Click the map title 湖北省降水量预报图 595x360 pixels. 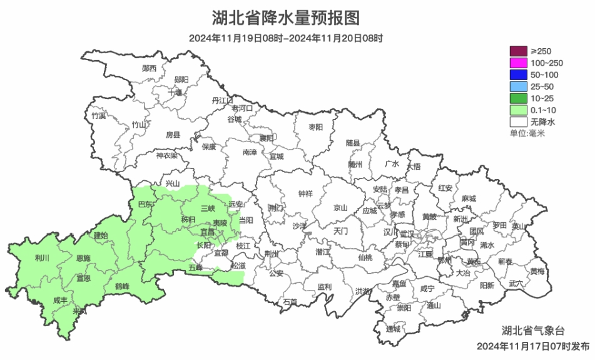tap(286, 17)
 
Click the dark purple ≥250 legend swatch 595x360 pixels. tap(518, 51)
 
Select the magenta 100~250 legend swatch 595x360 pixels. tap(518, 63)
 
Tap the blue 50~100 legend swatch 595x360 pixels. tap(518, 75)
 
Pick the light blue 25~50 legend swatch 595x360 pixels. tap(518, 86)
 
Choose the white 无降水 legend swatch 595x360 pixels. tap(518, 122)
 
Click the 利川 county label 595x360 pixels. tap(42, 257)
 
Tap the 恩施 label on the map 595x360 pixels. tap(83, 258)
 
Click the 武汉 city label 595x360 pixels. tap(407, 232)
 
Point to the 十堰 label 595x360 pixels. tap(175, 92)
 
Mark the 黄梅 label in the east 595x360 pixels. tap(537, 271)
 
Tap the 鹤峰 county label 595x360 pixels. tap(122, 286)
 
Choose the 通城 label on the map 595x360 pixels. tap(393, 329)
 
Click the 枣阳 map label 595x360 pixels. tap(316, 127)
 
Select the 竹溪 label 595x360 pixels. tap(98, 116)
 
